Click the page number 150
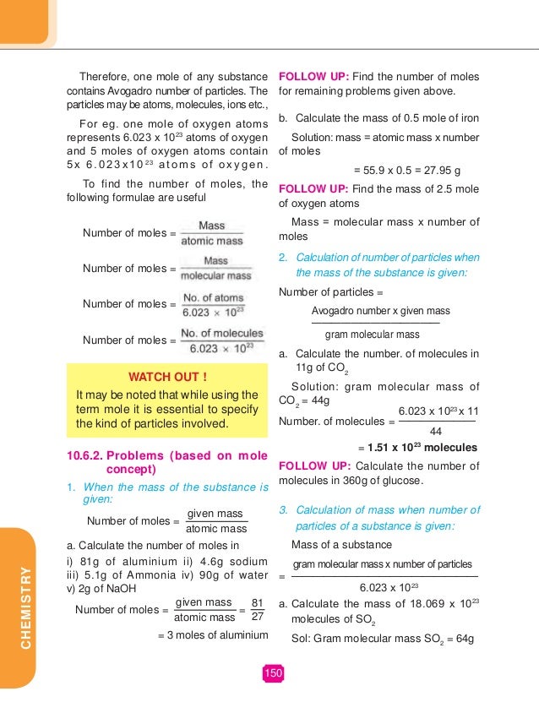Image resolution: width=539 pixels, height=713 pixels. coord(272,673)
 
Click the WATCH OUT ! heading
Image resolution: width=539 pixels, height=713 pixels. coord(166,375)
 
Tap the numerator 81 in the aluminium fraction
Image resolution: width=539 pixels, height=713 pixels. coord(258,602)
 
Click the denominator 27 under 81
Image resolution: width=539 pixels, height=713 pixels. coord(258,618)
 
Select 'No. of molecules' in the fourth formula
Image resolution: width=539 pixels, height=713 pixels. coord(215,334)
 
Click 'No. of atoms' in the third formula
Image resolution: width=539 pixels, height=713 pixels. coord(213,297)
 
